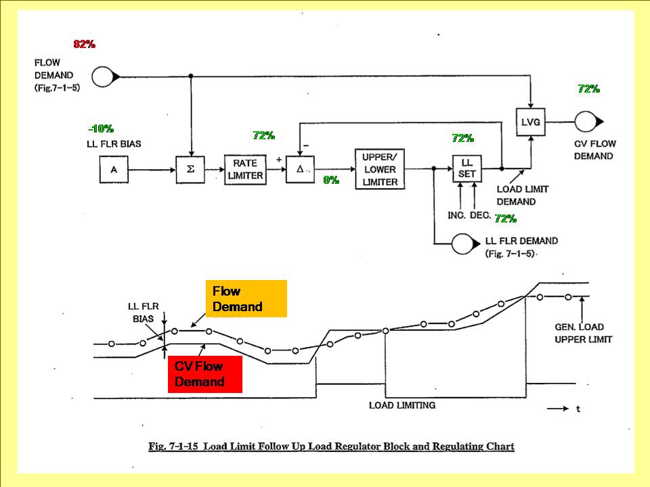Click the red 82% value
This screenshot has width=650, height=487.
[x=85, y=44]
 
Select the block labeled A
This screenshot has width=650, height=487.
[x=114, y=169]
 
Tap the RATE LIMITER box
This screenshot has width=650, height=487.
[x=244, y=169]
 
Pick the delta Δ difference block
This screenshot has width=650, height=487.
[x=299, y=169]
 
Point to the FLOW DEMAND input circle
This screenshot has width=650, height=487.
[x=104, y=77]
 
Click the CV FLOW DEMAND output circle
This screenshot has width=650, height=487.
[x=584, y=122]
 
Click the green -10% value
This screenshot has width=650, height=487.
[x=101, y=129]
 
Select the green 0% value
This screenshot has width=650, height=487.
[x=331, y=181]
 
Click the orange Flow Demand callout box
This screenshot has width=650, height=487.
[x=246, y=298]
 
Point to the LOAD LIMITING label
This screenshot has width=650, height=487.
[x=402, y=405]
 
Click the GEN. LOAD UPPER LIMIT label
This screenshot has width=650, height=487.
[x=583, y=333]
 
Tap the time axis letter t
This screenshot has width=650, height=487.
[x=578, y=409]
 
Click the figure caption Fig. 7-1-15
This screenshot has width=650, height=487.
[x=331, y=446]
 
